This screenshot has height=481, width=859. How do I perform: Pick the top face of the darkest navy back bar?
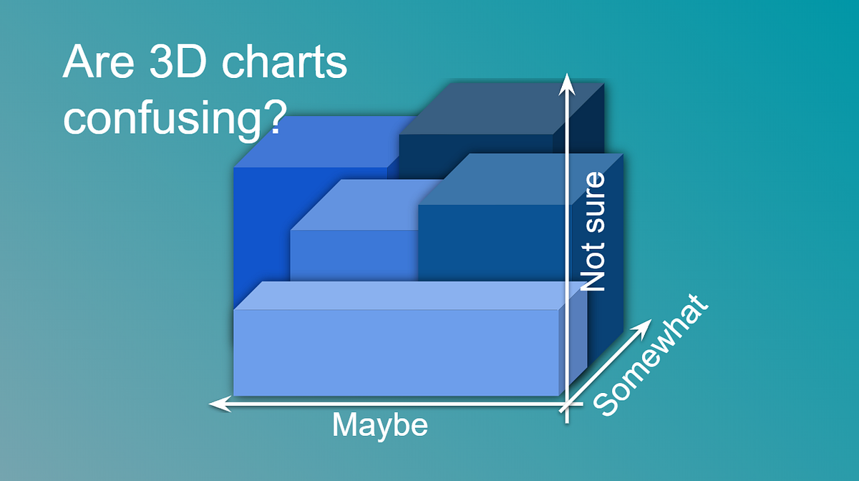point(501,107)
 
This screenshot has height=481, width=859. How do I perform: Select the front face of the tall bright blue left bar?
point(261,229)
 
